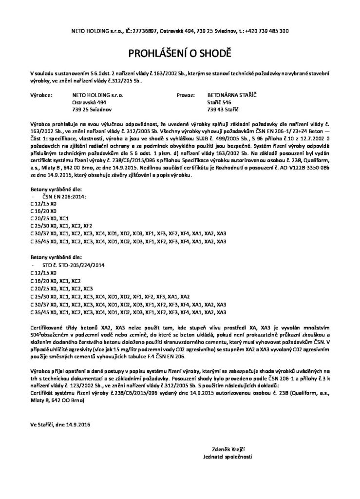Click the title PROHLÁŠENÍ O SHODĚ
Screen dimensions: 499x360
click(180, 52)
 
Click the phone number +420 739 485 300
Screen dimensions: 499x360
click(268, 31)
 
